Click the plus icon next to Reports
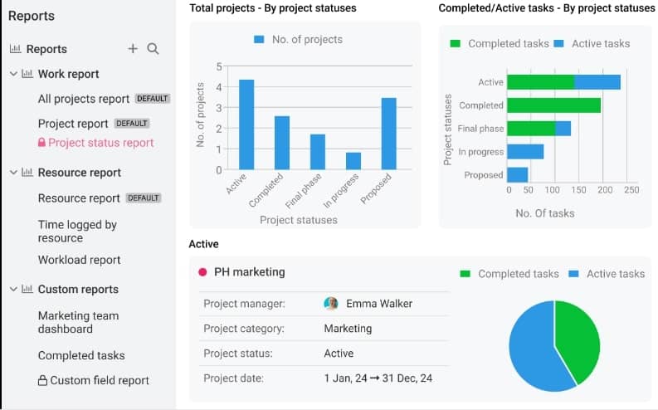(133, 49)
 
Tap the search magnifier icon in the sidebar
(153, 49)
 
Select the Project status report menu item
(100, 143)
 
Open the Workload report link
(79, 260)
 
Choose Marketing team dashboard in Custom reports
(78, 322)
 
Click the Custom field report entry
(99, 381)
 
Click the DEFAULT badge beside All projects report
(153, 99)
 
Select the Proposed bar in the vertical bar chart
(388, 134)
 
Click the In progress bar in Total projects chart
(353, 161)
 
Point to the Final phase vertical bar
(318, 152)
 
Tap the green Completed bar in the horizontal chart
(553, 105)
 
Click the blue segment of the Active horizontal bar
(597, 82)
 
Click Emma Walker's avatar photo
(331, 304)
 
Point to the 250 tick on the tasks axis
(631, 190)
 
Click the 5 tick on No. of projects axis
(219, 66)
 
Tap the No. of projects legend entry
(297, 39)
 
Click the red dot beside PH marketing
(202, 271)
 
